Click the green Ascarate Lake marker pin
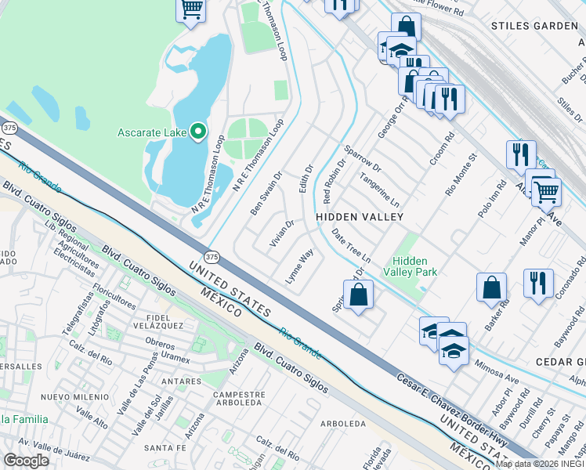pyautogui.click(x=198, y=132)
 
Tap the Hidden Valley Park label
pyautogui.click(x=414, y=266)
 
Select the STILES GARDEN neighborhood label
pyautogui.click(x=534, y=26)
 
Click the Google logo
pyautogui.click(x=26, y=460)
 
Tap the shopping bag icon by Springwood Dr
pyautogui.click(x=358, y=295)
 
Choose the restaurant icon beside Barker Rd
pyautogui.click(x=537, y=284)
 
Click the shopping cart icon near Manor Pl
pyautogui.click(x=545, y=190)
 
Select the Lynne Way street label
pyautogui.click(x=299, y=267)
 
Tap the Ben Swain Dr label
pyautogui.click(x=266, y=193)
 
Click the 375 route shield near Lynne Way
pyautogui.click(x=212, y=256)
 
